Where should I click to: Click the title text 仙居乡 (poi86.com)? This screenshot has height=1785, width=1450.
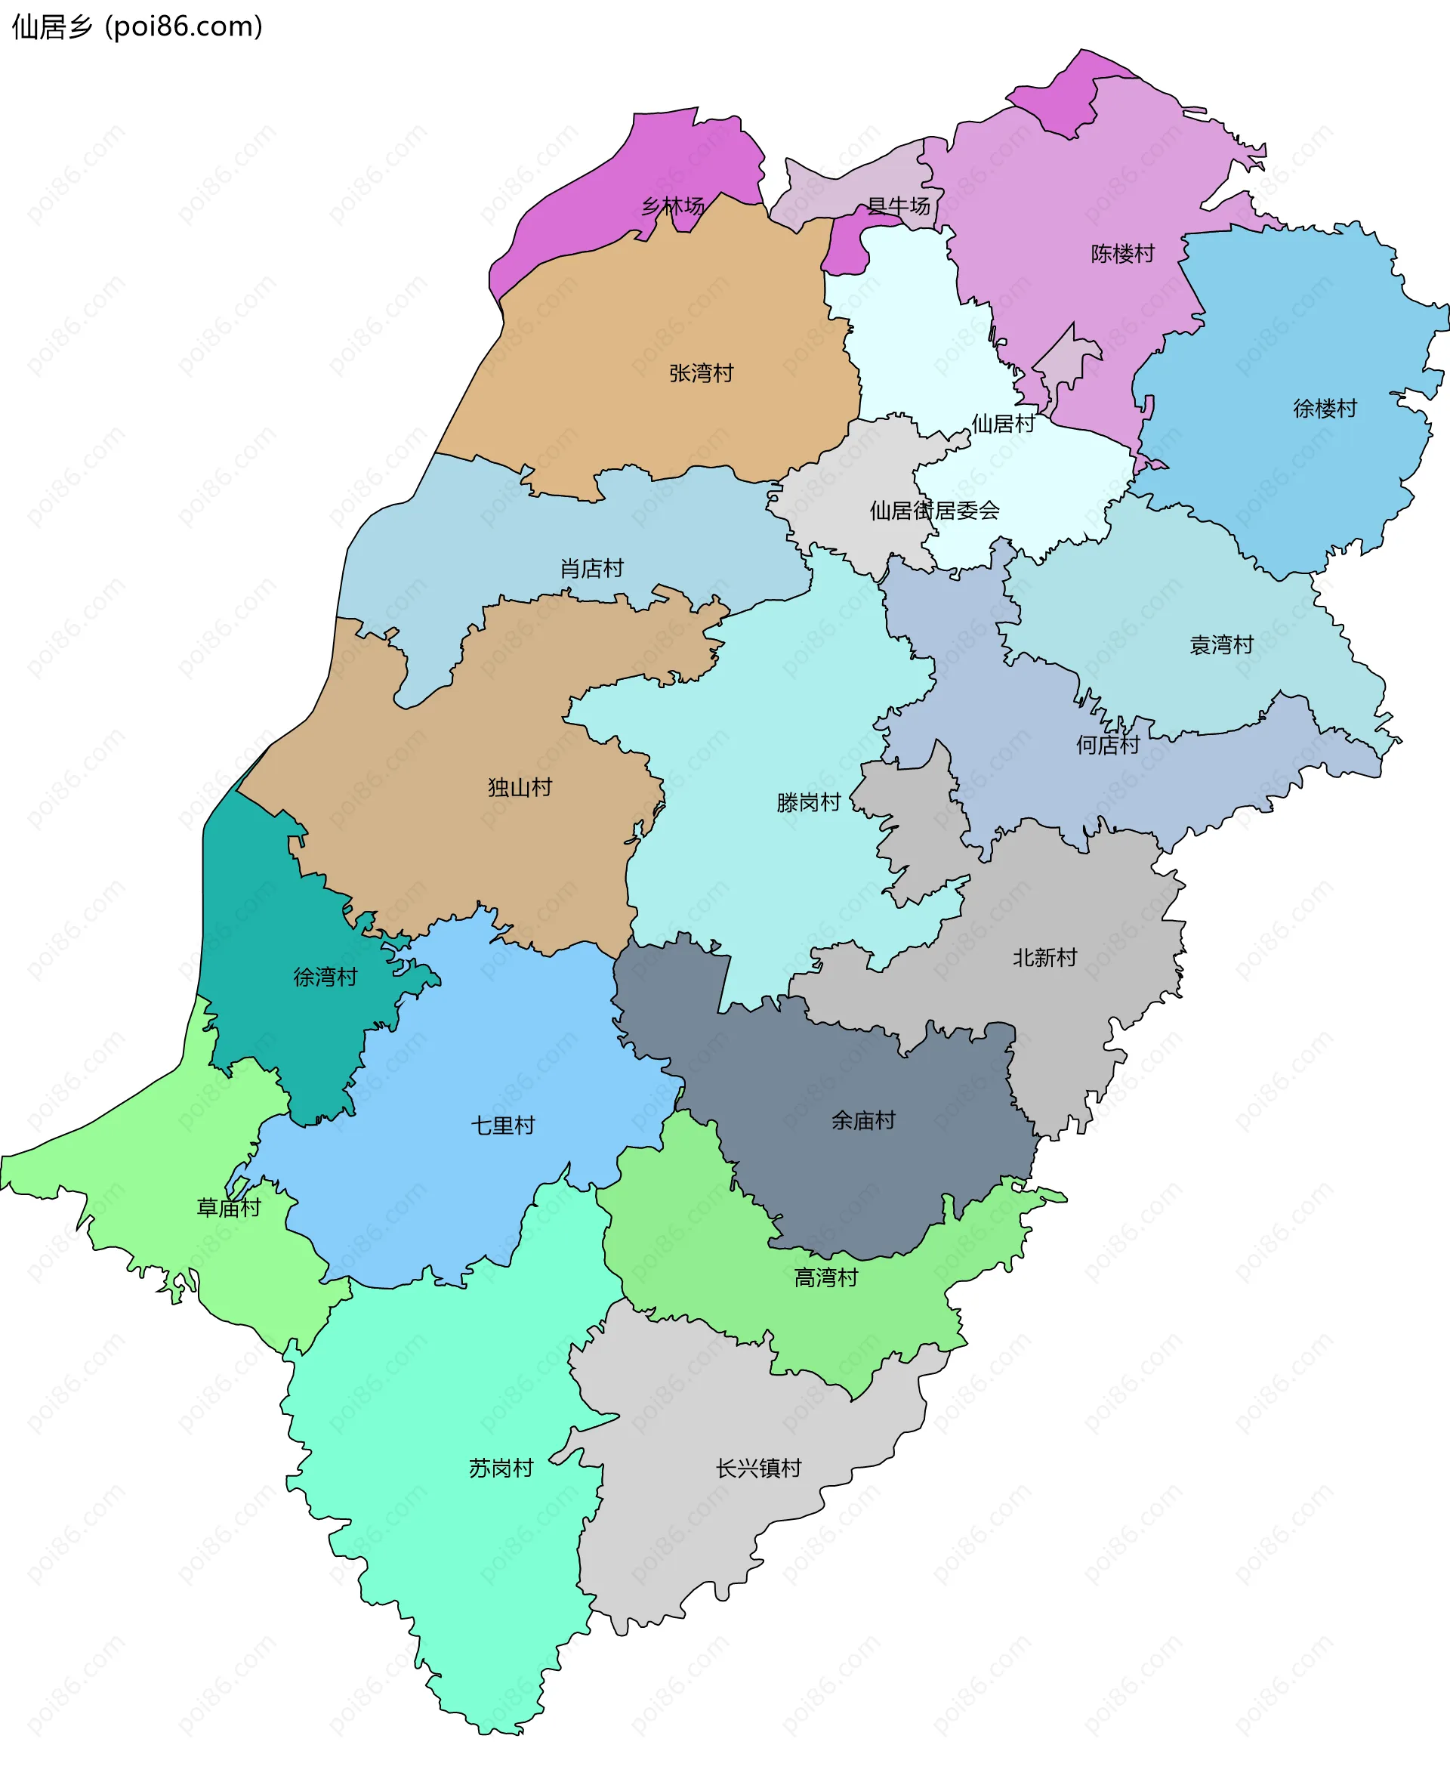(x=137, y=26)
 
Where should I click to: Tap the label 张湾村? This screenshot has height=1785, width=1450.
(x=701, y=373)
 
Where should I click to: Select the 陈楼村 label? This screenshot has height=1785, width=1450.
(x=1122, y=253)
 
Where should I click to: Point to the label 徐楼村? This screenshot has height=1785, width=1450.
(x=1325, y=409)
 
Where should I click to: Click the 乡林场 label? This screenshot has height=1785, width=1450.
(x=672, y=205)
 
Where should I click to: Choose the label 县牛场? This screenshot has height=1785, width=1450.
(x=898, y=205)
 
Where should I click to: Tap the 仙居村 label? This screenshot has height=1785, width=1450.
(x=1002, y=424)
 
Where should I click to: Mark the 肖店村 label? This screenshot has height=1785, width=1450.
(x=591, y=569)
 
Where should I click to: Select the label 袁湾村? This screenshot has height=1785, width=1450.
(x=1221, y=645)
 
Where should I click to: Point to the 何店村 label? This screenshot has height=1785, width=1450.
(x=1108, y=744)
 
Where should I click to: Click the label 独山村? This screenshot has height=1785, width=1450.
(x=520, y=787)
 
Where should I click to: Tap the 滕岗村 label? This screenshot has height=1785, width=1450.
(x=807, y=803)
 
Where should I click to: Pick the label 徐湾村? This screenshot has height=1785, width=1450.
(x=325, y=977)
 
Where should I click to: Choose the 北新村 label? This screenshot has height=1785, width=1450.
(x=1044, y=957)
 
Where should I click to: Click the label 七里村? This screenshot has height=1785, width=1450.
(x=502, y=1125)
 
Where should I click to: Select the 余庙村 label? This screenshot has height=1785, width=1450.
(x=862, y=1120)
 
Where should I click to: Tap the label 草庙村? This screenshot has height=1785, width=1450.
(x=228, y=1207)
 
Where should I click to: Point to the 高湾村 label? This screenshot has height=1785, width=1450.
(x=825, y=1277)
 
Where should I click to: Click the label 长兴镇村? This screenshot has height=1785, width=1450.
(x=757, y=1468)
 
